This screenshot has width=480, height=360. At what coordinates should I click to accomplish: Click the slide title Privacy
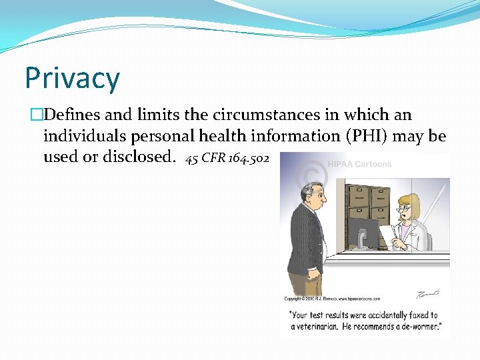click(72, 77)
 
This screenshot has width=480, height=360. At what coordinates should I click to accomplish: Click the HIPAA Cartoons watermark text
click(359, 164)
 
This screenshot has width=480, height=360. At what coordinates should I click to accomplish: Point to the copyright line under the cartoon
click(326, 298)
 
